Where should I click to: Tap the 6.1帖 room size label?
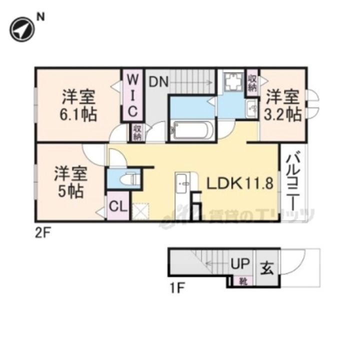coord(79,114)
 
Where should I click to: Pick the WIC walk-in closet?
coord(133,95)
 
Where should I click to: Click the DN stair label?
coord(158,80)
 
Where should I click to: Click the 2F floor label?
coord(43,233)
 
